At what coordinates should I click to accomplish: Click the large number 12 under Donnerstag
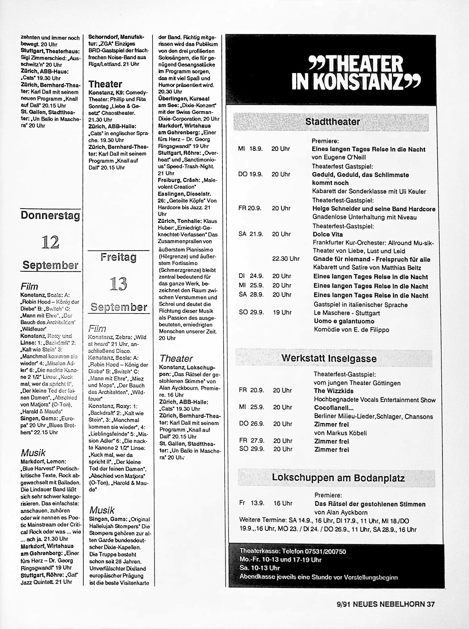click(50, 243)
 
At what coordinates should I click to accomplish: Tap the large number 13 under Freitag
click(118, 284)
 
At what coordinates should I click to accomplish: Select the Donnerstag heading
click(50, 216)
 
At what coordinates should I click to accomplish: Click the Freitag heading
click(118, 257)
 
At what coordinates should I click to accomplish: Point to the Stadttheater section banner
click(332, 122)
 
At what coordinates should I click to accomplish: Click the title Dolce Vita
click(328, 234)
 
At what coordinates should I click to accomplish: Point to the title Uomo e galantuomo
click(344, 321)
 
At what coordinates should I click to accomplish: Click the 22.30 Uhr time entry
click(286, 259)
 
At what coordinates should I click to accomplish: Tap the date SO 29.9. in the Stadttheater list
click(251, 312)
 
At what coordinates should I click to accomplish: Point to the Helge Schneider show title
click(374, 209)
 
